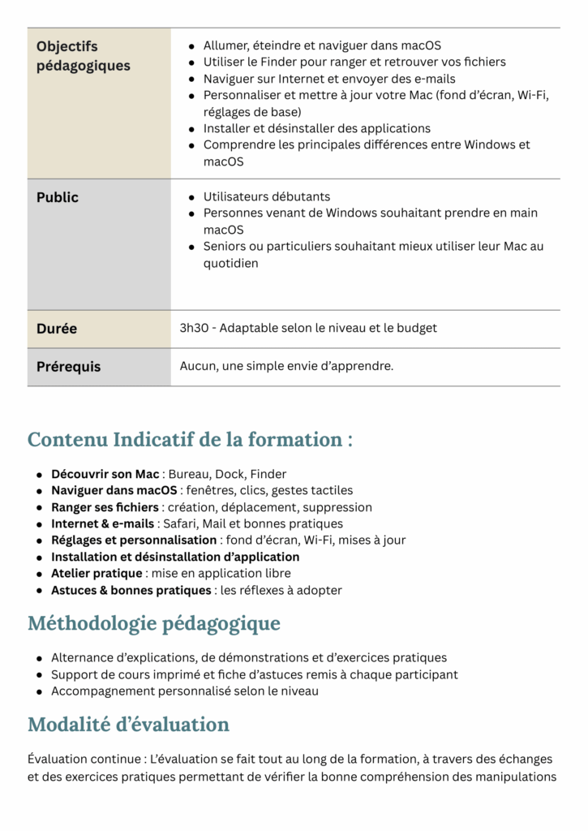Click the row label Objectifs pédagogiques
pyautogui.click(x=83, y=56)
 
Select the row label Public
pyautogui.click(x=58, y=197)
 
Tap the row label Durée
pyautogui.click(x=57, y=329)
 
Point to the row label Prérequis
pyautogui.click(x=69, y=367)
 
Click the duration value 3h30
pyautogui.click(x=195, y=329)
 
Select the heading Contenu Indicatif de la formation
pyautogui.click(x=190, y=440)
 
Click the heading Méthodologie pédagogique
pyautogui.click(x=154, y=623)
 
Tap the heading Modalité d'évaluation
pyautogui.click(x=128, y=724)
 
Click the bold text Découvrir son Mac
pyautogui.click(x=105, y=474)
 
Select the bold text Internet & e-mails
pyautogui.click(x=102, y=524)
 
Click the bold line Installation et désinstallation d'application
pyautogui.click(x=175, y=558)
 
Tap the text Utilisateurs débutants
pyautogui.click(x=267, y=197)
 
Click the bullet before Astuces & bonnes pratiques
pyautogui.click(x=40, y=591)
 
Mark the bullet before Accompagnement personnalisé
pyautogui.click(x=40, y=692)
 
